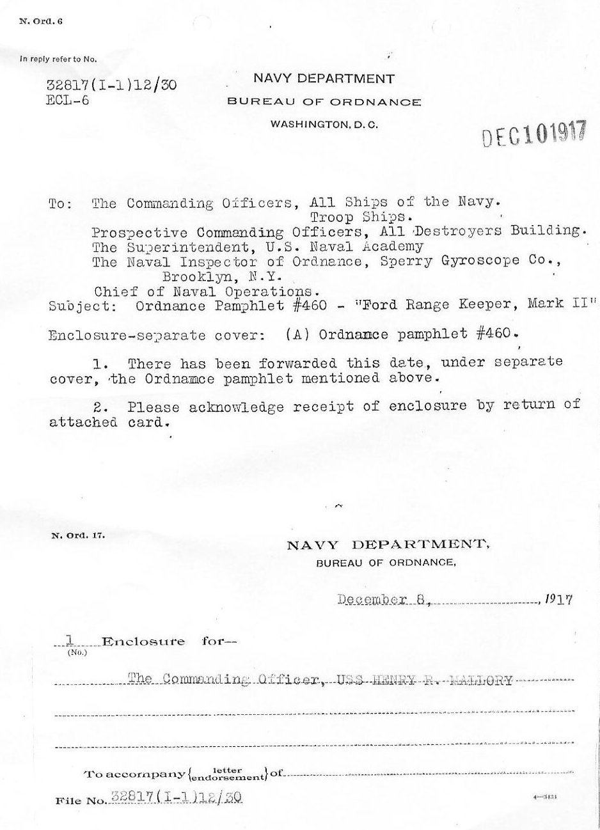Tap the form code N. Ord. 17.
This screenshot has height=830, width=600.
(77, 536)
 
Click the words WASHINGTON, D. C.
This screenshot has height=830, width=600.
(324, 125)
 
